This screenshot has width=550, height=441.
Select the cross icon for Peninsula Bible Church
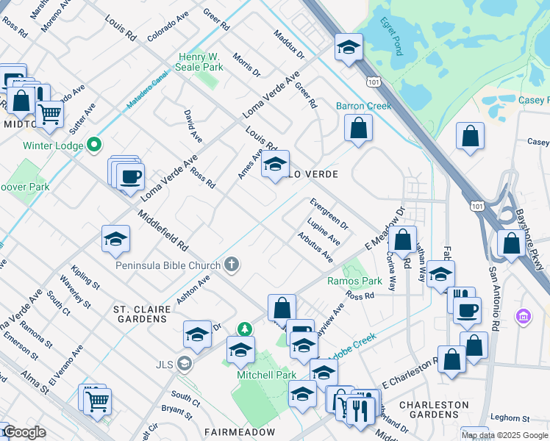(232, 265)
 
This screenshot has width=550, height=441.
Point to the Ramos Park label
(354, 281)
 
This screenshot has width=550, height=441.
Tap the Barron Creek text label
(364, 106)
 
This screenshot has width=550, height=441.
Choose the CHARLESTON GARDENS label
(434, 411)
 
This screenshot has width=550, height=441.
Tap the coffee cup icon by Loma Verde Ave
(130, 176)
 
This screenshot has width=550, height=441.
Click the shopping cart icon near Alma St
(96, 401)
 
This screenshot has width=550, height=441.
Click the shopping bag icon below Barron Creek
(358, 129)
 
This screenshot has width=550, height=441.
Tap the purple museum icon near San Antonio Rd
(524, 317)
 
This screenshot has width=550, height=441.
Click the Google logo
(24, 432)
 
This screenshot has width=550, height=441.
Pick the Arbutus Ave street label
(315, 248)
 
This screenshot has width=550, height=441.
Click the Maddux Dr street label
(288, 44)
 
